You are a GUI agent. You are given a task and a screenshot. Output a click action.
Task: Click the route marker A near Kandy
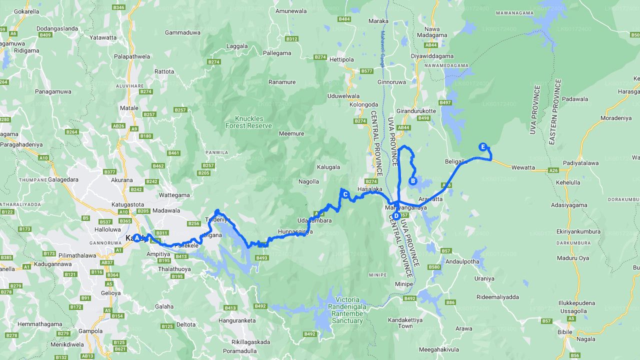tap(136, 238)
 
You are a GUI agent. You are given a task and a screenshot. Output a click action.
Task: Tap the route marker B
tap(413, 181)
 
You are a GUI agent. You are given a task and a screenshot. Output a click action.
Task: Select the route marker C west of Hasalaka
tap(345, 194)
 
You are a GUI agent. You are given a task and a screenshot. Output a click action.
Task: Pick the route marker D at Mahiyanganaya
tap(396, 216)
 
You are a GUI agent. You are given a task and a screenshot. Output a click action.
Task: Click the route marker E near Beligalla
tap(482, 146)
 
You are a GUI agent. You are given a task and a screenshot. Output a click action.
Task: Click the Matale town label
tap(129, 107)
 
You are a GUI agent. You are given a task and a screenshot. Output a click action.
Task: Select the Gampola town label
tap(90, 331)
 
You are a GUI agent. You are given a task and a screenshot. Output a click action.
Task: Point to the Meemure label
tap(291, 133)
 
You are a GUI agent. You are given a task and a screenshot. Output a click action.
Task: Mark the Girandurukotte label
tap(415, 111)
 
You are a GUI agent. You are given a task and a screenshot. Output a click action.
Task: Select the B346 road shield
tap(119, 7)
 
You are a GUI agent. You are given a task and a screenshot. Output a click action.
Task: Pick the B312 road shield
tap(291, 38)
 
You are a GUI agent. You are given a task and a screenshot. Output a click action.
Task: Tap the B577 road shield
tap(366, 71)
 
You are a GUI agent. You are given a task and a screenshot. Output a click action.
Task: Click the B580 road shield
tap(434, 267)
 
